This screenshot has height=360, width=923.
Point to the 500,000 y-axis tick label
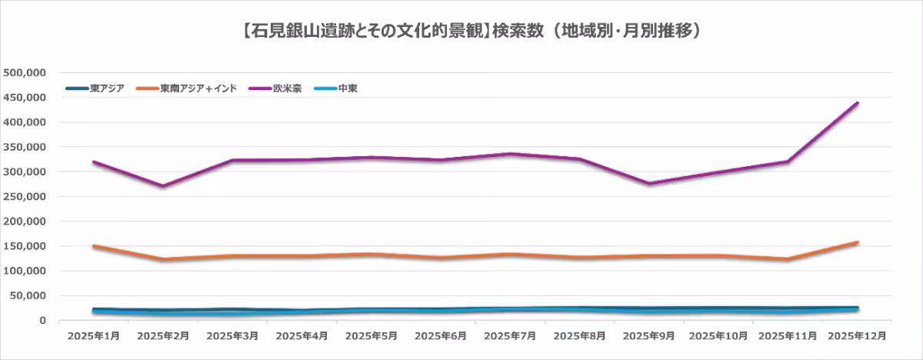pyautogui.click(x=26, y=72)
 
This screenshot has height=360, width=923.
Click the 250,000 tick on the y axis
pyautogui.click(x=26, y=196)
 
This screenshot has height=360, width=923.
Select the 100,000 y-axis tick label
pyautogui.click(x=26, y=271)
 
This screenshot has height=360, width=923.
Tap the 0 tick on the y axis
pyautogui.click(x=44, y=321)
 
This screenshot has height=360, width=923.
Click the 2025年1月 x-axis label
pyautogui.click(x=93, y=336)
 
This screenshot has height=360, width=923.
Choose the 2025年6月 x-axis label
pyautogui.click(x=440, y=336)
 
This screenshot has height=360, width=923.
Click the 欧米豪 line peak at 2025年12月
pyautogui.click(x=857, y=103)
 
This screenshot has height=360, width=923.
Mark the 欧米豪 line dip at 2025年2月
pyautogui.click(x=163, y=186)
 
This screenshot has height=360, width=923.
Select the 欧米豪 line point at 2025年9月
pyautogui.click(x=649, y=184)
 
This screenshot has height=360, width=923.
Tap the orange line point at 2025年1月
pyautogui.click(x=94, y=246)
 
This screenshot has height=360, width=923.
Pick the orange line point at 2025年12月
pyautogui.click(x=857, y=242)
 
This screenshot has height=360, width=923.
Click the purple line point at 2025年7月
pyautogui.click(x=510, y=154)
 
